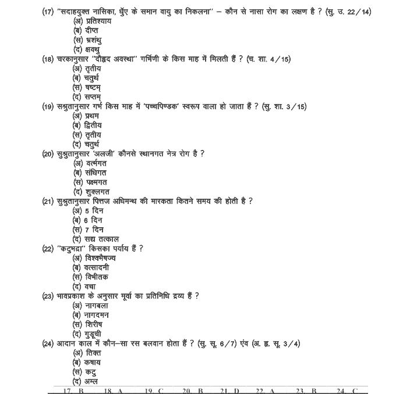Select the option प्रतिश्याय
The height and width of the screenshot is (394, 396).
point(97,21)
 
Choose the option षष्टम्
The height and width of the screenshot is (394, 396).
point(93,87)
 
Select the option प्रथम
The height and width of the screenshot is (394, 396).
point(92,116)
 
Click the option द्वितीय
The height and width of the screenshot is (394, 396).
point(93,125)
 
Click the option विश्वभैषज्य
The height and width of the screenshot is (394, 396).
point(100,258)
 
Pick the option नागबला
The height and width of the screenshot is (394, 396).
point(97,306)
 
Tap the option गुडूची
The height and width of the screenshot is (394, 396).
point(94,334)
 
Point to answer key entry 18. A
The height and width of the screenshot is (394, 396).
point(113,391)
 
